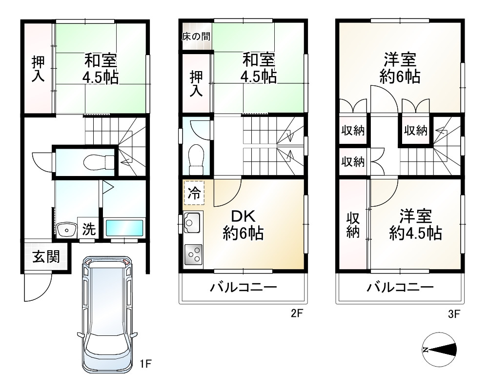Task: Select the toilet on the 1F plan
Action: click(x=93, y=160)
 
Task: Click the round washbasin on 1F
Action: click(x=64, y=229)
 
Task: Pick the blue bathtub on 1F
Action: click(x=124, y=228)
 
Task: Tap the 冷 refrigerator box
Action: click(x=194, y=194)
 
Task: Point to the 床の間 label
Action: click(x=197, y=37)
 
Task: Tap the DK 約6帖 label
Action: click(x=244, y=225)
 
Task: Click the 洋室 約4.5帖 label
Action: click(x=415, y=224)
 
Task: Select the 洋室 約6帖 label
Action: click(x=400, y=68)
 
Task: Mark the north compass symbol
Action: click(x=439, y=350)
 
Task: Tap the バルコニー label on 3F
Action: click(x=400, y=287)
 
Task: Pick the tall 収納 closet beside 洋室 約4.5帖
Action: click(x=353, y=225)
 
